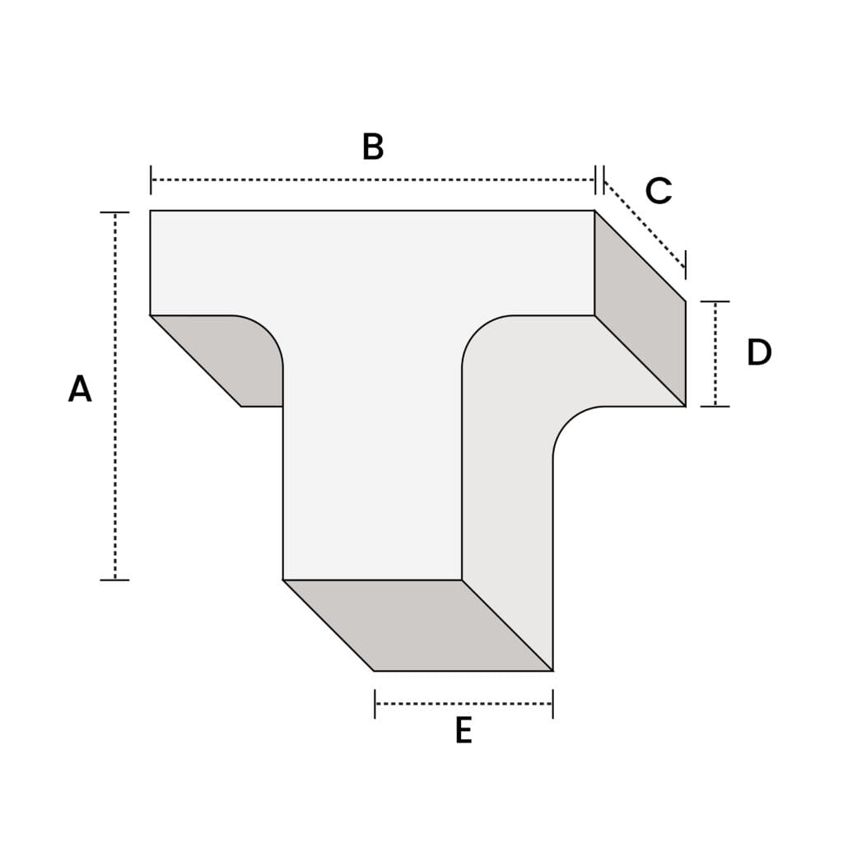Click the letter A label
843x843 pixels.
pos(80,389)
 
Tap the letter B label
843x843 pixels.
pos(373,147)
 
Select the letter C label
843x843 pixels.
pos(659,190)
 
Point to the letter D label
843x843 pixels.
pos(759,352)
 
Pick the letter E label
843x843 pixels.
pos(463,730)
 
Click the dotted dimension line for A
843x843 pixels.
pos(115,396)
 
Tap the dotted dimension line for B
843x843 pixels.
pos(373,179)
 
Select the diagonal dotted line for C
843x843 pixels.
pos(645,224)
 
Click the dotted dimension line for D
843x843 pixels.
pos(715,354)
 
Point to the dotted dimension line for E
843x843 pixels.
pos(463,704)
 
